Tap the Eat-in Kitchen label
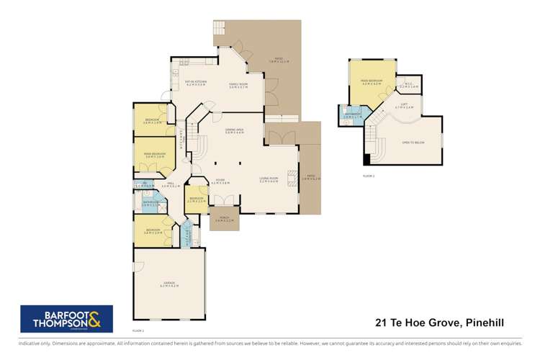(196, 83)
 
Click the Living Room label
(269, 180)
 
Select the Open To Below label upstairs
(413, 143)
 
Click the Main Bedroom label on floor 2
(372, 84)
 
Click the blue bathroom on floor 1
(150, 204)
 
